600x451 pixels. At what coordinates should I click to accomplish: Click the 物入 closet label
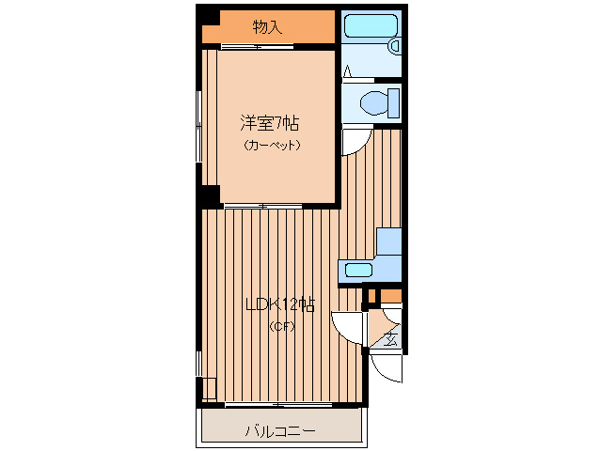click(267, 27)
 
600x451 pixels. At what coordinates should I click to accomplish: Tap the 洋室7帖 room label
click(269, 123)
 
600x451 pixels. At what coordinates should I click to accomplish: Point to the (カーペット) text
click(272, 146)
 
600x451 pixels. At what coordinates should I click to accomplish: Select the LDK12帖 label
click(280, 305)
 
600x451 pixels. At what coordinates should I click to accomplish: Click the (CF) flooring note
click(282, 326)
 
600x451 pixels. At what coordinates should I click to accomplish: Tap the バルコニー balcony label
click(280, 431)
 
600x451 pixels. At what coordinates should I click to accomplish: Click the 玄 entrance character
click(390, 338)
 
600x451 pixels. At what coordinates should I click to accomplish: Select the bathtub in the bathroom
click(371, 26)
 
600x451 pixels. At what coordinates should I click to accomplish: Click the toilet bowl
click(373, 102)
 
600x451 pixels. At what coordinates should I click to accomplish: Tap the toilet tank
click(393, 102)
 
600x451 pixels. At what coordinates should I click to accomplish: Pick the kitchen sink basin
click(358, 271)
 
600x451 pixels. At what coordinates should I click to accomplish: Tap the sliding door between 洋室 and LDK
click(263, 207)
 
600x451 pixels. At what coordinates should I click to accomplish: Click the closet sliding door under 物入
click(257, 47)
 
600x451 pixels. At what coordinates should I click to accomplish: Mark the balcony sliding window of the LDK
click(278, 404)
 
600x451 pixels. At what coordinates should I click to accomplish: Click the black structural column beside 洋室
click(208, 195)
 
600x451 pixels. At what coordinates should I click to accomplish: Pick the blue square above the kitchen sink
click(388, 241)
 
